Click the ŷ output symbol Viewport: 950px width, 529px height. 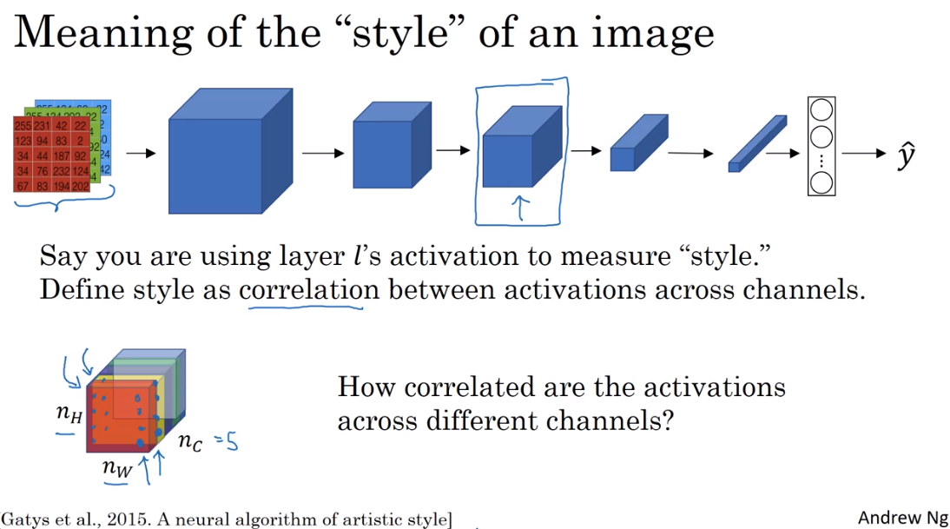point(906,156)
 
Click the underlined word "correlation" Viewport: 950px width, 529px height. point(309,289)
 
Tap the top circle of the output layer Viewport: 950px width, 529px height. point(821,113)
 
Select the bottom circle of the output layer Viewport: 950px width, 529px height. point(821,182)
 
